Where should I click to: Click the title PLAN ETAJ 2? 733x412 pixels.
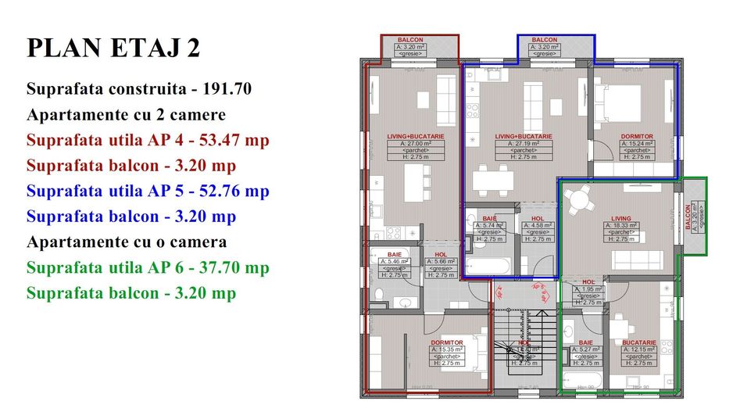click(113, 48)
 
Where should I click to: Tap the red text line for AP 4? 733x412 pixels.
click(148, 141)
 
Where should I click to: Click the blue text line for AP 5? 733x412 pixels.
click(148, 192)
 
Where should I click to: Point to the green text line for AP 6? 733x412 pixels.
click(148, 268)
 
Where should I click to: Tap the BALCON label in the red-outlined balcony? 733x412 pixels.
click(410, 40)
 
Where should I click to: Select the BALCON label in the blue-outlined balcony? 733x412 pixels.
click(545, 40)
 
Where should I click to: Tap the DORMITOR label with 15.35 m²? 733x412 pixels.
click(446, 342)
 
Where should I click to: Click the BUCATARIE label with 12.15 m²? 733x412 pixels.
click(638, 342)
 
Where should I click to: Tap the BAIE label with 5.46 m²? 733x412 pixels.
click(395, 254)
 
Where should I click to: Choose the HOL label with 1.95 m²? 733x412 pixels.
click(588, 281)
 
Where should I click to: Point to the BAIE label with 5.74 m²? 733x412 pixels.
click(490, 219)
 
